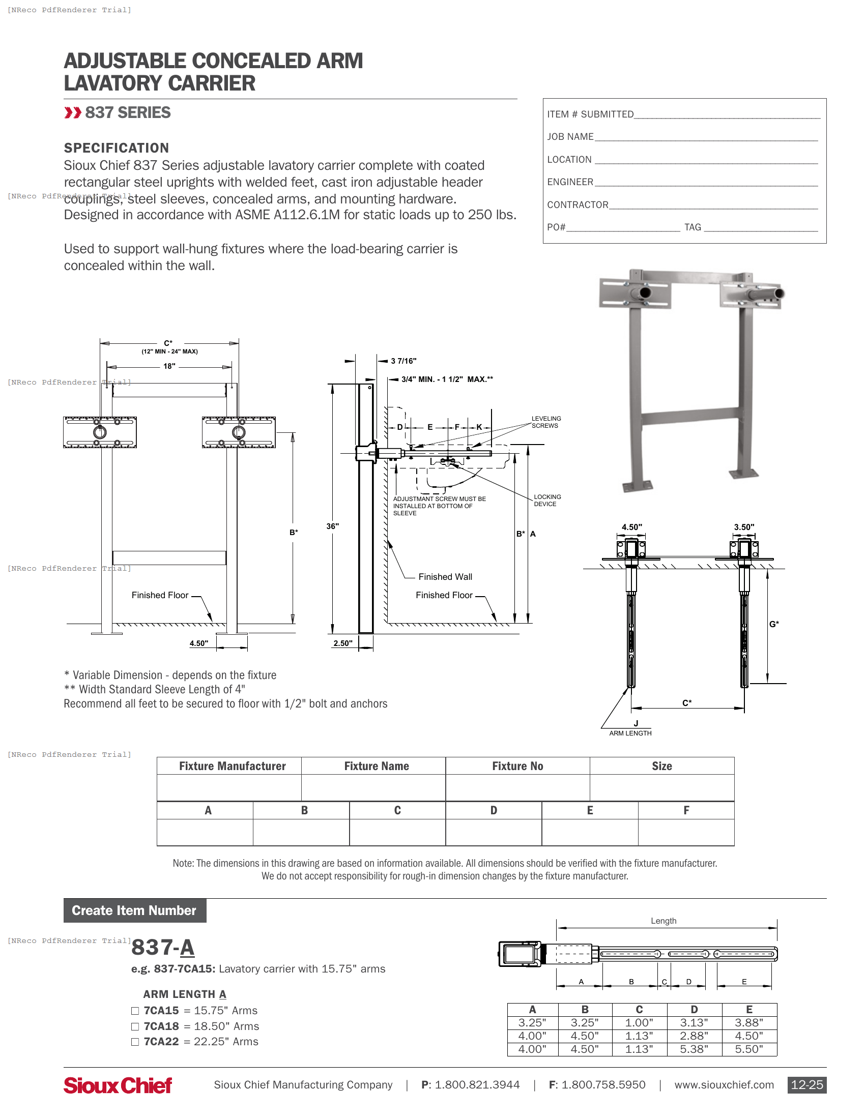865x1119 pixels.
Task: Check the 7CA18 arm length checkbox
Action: click(135, 1026)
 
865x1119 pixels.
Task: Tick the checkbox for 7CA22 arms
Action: click(135, 1042)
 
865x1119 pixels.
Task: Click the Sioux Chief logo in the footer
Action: click(118, 1085)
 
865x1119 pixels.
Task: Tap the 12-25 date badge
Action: click(806, 1085)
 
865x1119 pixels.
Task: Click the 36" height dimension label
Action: click(333, 526)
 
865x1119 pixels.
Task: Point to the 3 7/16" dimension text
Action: click(404, 361)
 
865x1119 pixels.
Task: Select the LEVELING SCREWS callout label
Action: click(546, 422)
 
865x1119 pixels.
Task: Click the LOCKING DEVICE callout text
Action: click(547, 500)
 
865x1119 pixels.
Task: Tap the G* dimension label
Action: click(774, 624)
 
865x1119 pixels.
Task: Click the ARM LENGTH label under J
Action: click(630, 733)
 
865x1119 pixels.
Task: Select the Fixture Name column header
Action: click(376, 766)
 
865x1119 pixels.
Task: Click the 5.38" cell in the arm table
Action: click(694, 1049)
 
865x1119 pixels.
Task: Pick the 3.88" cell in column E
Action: click(748, 1023)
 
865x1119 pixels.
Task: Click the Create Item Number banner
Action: click(134, 910)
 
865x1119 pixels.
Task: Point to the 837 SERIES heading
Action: click(128, 113)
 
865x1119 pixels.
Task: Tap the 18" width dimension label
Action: click(169, 366)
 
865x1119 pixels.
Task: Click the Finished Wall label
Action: click(445, 577)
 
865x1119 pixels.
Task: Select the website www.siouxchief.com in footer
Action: click(724, 1085)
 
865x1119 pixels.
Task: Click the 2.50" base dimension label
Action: click(343, 643)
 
